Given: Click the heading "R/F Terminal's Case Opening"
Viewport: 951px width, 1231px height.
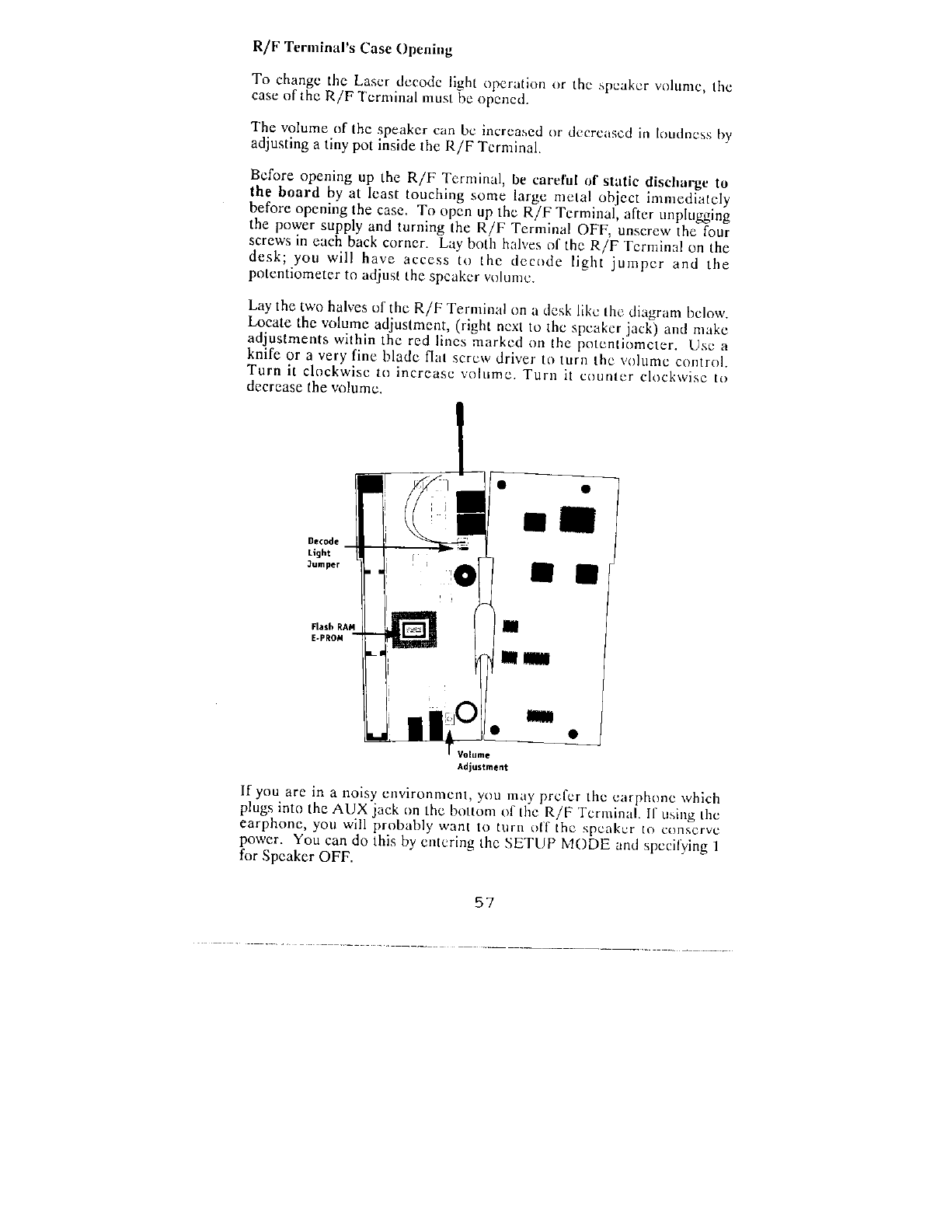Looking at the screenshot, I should coord(354,47).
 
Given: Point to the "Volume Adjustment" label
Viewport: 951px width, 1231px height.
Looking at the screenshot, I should coord(482,761).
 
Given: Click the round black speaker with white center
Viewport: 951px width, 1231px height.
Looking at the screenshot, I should coord(465,577).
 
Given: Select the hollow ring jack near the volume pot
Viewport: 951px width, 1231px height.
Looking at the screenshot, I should coord(467,712).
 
